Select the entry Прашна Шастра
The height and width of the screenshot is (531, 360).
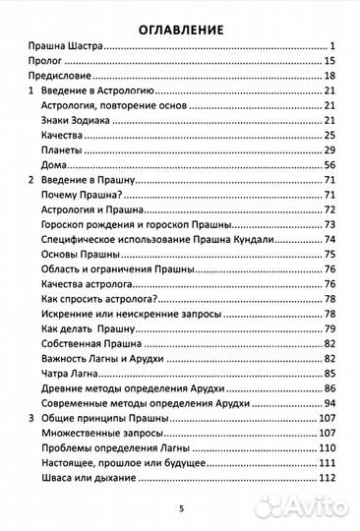[65, 46]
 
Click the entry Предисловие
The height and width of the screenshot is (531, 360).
[58, 76]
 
